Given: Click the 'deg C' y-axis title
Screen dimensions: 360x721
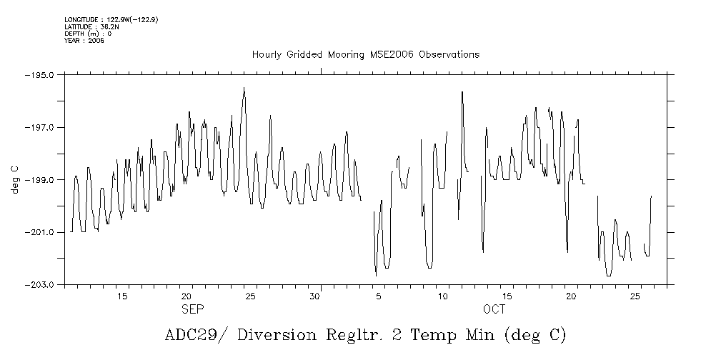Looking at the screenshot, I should (14, 179).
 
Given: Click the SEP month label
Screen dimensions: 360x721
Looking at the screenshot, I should (193, 309).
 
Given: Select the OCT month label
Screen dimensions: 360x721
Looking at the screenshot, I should (494, 309).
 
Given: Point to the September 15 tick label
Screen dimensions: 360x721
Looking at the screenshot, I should (122, 296).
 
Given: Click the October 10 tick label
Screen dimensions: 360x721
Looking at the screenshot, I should (443, 296).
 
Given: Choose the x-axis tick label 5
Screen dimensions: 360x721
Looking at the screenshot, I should (379, 296).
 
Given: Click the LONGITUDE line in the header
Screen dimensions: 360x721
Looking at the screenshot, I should (111, 19).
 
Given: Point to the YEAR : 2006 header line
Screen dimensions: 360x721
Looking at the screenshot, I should (84, 41).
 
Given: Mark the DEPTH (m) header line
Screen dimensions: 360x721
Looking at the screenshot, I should (88, 34).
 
